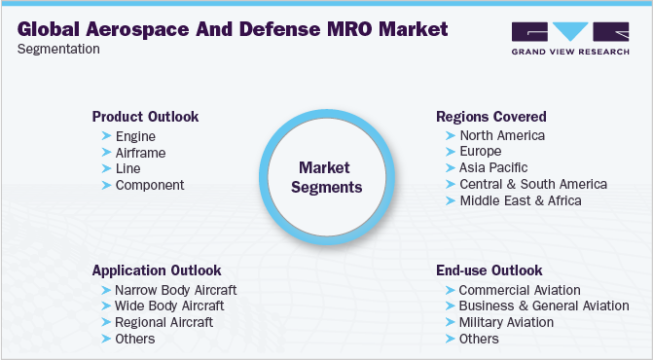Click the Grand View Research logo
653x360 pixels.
pyautogui.click(x=568, y=36)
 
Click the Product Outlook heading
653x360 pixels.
pyautogui.click(x=145, y=117)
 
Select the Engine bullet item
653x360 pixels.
pyautogui.click(x=135, y=137)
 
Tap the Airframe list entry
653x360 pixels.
pyautogui.click(x=140, y=153)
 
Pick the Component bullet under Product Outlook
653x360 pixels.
pyautogui.click(x=149, y=184)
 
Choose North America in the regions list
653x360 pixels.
pyautogui.click(x=501, y=136)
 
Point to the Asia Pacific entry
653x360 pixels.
pyautogui.click(x=493, y=168)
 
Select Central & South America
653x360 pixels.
pyautogui.click(x=532, y=184)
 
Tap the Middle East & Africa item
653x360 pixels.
pyautogui.click(x=520, y=200)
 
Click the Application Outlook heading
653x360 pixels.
pyautogui.click(x=157, y=270)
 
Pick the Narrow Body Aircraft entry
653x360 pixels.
pyautogui.click(x=175, y=290)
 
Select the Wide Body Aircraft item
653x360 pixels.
pyautogui.click(x=169, y=306)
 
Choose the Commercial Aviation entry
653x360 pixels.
pyautogui.click(x=519, y=290)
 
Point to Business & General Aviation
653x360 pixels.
pyautogui.click(x=543, y=306)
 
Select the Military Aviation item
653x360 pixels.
pyautogui.click(x=506, y=322)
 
